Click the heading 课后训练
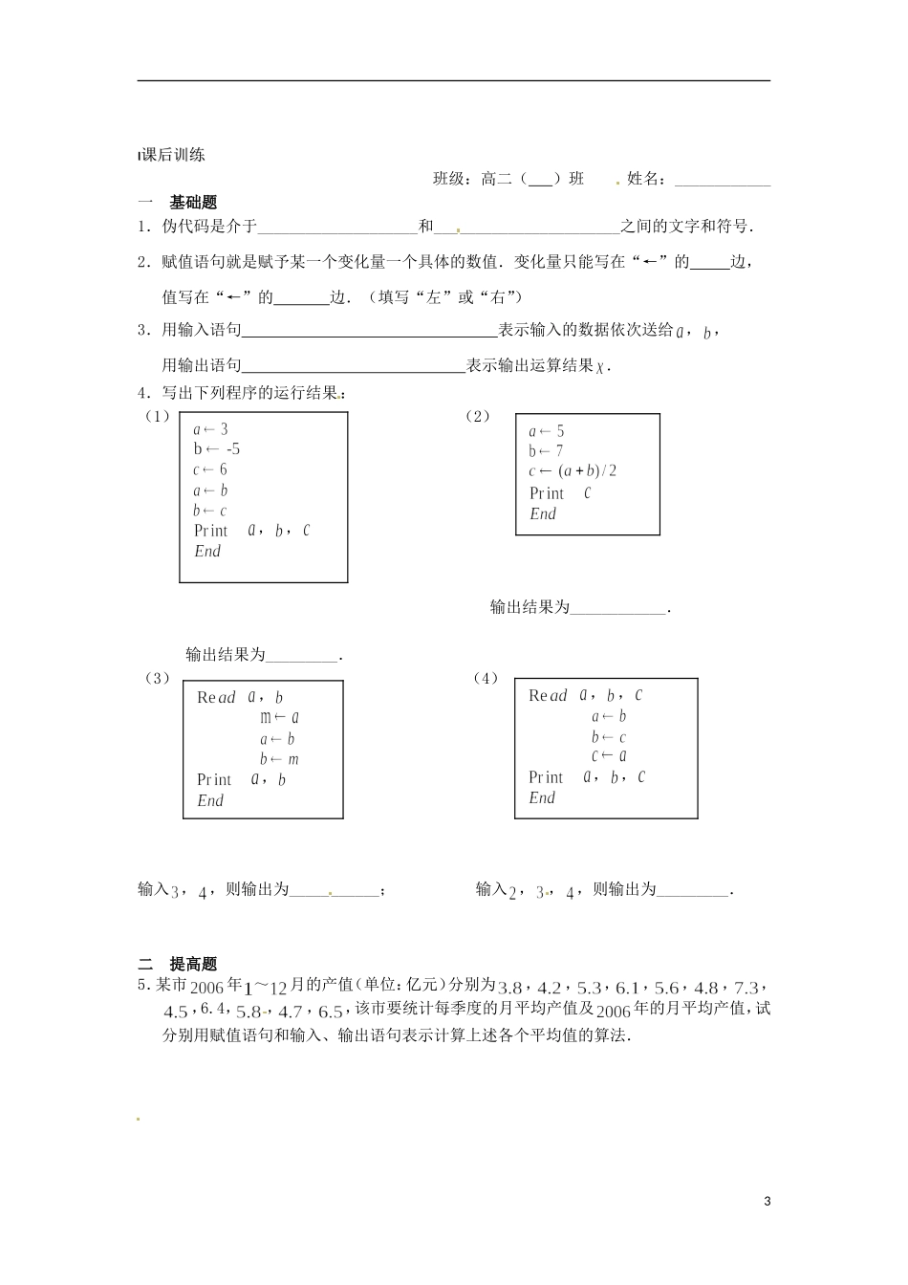tap(172, 155)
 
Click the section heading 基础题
tap(193, 203)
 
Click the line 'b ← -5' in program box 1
tap(217, 449)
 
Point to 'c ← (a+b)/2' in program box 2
tap(573, 471)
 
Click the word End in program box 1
tap(207, 552)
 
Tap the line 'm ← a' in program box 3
tap(280, 717)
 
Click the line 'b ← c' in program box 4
tap(608, 737)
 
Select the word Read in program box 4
tap(548, 696)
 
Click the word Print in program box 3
tap(214, 780)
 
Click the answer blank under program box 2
tap(617, 608)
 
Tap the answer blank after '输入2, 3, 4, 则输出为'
tap(694, 891)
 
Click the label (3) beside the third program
tap(157, 678)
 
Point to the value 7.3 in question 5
tap(746, 988)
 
